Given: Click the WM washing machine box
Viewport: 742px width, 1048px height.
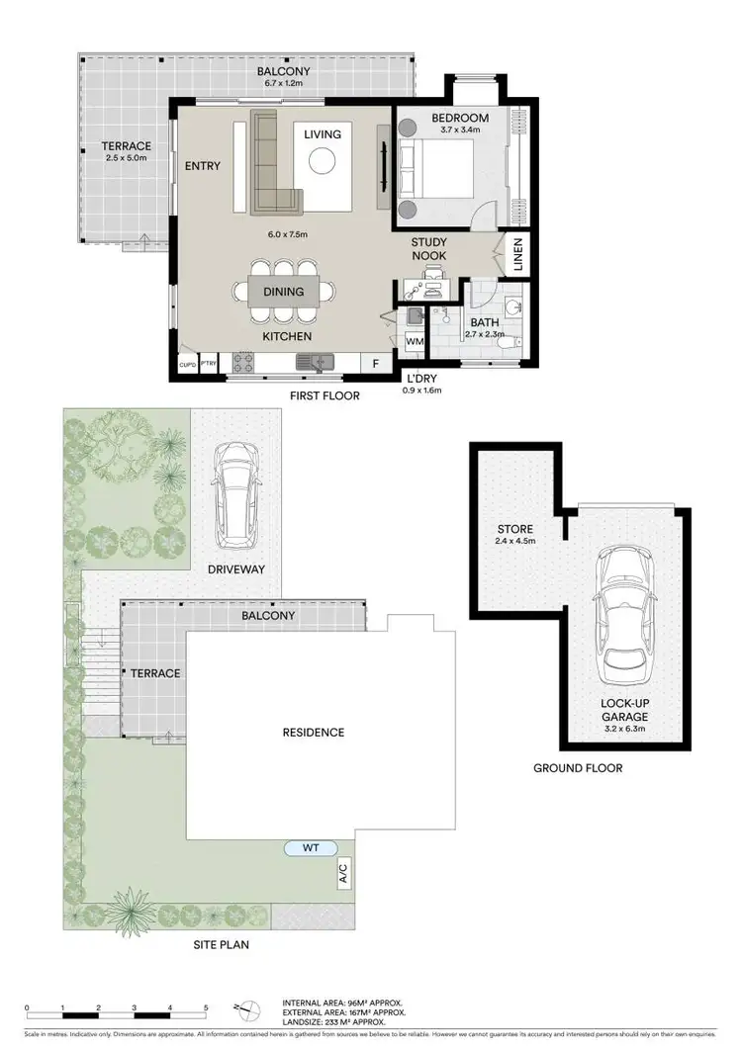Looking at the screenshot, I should tap(415, 340).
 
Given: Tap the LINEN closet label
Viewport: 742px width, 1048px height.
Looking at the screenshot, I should tap(518, 256).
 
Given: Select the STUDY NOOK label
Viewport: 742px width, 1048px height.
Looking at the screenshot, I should tap(429, 249).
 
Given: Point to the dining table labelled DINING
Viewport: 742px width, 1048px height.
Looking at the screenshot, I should tap(283, 292).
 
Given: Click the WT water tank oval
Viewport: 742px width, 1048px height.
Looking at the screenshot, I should tap(310, 847).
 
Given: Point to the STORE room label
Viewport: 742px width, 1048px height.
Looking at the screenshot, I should tap(515, 530).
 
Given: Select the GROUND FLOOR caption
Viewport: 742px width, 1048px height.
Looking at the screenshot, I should tap(578, 768).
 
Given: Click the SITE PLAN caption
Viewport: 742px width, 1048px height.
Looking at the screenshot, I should tap(221, 945).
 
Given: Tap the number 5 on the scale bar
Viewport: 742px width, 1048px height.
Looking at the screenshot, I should tap(205, 1008).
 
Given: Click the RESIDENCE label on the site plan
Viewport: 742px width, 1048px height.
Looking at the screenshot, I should tap(314, 733).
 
